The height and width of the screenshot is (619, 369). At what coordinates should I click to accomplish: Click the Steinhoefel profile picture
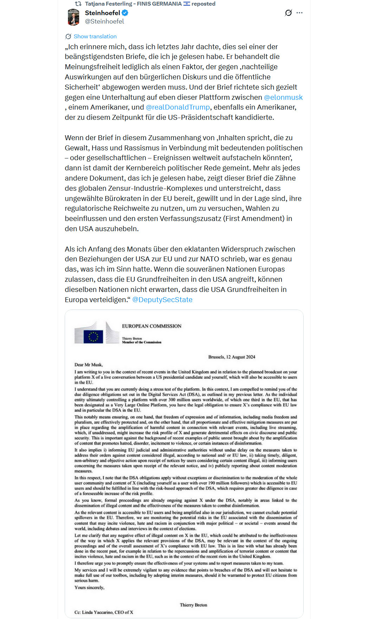[73, 17]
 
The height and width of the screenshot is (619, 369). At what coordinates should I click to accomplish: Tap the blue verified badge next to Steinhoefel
[125, 13]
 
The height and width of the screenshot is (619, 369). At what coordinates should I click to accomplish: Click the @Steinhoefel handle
[104, 21]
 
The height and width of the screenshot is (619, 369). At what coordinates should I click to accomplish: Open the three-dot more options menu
[299, 13]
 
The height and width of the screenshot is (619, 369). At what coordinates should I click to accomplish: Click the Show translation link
[95, 37]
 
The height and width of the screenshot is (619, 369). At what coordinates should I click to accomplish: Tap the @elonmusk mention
[283, 97]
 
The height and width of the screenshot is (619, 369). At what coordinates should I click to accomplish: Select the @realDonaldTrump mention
[178, 107]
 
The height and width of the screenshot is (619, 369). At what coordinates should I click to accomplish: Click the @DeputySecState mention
[162, 300]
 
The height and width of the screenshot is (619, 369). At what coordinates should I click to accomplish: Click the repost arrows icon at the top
[78, 4]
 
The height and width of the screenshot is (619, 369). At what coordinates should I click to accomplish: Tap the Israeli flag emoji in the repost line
[187, 4]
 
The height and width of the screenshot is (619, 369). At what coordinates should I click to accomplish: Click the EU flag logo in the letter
[93, 336]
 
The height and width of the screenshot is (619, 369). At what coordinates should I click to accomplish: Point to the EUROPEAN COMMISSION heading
[151, 326]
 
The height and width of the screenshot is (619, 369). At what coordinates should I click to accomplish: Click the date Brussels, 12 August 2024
[232, 357]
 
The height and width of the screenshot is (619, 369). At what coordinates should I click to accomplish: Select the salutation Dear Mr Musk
[89, 365]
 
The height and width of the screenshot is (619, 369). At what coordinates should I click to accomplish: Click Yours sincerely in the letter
[89, 587]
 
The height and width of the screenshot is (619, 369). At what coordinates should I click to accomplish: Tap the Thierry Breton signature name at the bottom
[193, 605]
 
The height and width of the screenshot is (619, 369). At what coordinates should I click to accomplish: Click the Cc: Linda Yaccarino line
[104, 612]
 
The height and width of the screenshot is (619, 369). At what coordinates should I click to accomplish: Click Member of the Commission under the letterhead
[142, 342]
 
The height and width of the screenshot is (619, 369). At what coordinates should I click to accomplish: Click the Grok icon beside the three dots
[288, 13]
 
